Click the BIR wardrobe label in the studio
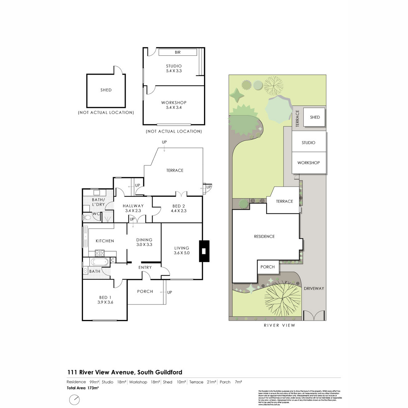pyautogui.click(x=177, y=52)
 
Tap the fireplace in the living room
pyautogui.click(x=204, y=251)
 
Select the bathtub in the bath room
pyautogui.click(x=100, y=262)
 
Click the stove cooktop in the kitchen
pyautogui.click(x=100, y=253)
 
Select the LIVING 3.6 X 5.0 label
pyautogui.click(x=182, y=250)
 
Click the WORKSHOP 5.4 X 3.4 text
pyautogui.click(x=174, y=105)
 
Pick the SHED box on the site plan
pyautogui.click(x=314, y=117)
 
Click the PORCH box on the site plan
pyautogui.click(x=268, y=267)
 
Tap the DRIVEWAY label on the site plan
pyautogui.click(x=314, y=288)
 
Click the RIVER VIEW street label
pyautogui.click(x=279, y=325)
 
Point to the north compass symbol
pyautogui.click(x=74, y=400)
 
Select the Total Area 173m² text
pyautogui.click(x=83, y=388)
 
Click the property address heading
pyautogui.click(x=124, y=372)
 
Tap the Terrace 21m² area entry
pyautogui.click(x=203, y=382)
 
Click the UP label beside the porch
pyautogui.click(x=169, y=292)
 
